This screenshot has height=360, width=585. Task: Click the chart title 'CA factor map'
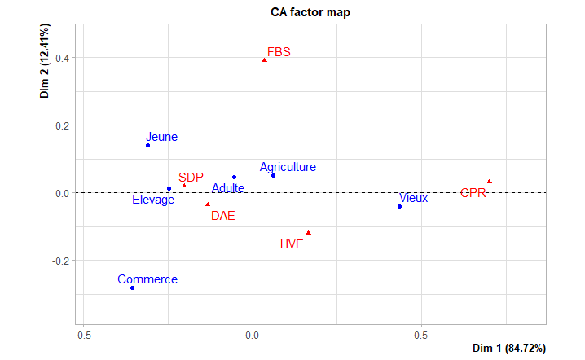(310, 12)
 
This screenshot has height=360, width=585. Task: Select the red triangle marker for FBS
(265, 60)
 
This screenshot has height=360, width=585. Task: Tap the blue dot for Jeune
(147, 146)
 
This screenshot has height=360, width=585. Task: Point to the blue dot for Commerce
(133, 288)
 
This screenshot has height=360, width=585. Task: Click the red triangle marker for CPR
(490, 182)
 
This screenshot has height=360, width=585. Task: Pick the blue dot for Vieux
(399, 207)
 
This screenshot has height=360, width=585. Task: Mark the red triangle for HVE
(309, 233)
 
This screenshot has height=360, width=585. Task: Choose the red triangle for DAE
(208, 204)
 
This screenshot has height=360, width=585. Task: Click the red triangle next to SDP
(184, 186)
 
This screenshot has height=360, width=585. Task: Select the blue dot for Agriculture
(273, 176)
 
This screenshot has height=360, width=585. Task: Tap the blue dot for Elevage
(169, 189)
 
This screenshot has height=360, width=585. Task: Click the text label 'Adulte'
(228, 188)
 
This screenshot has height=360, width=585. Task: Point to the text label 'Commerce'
(147, 279)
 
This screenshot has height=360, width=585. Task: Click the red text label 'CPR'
(473, 193)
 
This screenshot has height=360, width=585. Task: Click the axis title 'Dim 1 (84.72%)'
(509, 348)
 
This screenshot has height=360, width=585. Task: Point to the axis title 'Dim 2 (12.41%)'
(44, 61)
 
